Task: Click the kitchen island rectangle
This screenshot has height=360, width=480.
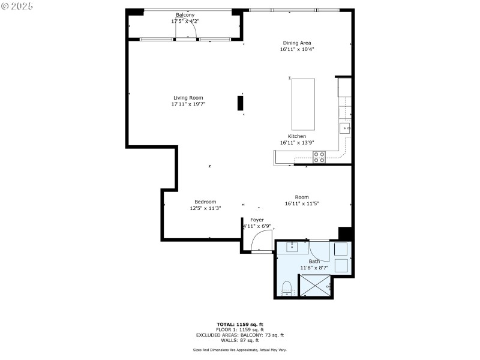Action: click(303, 104)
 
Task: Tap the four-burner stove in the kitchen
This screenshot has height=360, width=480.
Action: click(319, 157)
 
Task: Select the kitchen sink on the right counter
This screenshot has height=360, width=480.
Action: click(345, 128)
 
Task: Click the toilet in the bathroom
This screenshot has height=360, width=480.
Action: click(287, 287)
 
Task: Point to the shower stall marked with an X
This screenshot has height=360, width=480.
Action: click(316, 285)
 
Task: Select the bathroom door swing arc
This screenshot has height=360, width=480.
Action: click(320, 251)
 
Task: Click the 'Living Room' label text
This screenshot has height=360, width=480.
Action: click(188, 98)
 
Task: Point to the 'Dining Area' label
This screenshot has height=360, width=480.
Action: click(297, 43)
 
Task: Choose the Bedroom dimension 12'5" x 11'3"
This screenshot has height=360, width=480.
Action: click(205, 208)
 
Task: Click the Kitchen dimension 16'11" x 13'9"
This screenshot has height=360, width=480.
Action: click(297, 143)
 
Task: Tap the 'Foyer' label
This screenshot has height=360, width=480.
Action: click(257, 220)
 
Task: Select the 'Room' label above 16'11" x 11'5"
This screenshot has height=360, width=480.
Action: click(301, 197)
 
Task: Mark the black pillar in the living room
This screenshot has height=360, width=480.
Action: click(241, 103)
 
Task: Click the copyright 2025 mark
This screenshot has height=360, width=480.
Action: click(17, 5)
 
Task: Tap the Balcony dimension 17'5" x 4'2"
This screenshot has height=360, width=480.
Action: click(185, 21)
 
